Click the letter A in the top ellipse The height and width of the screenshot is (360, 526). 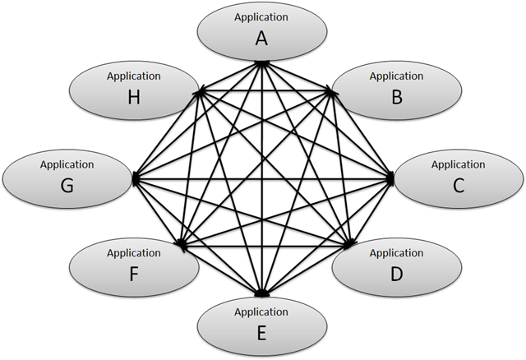[261, 38]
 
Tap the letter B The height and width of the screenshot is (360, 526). [396, 98]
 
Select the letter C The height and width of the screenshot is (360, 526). [458, 186]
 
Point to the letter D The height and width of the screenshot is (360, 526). [396, 274]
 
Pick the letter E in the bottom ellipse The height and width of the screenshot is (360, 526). [261, 333]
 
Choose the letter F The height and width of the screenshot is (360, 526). [133, 274]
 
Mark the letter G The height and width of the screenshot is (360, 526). [67, 186]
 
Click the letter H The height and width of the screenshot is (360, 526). [133, 98]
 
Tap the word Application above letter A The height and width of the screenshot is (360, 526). [261, 16]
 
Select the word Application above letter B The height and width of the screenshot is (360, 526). [396, 76]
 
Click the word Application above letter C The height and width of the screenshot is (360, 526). [458, 164]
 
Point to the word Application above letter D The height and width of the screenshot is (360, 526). [396, 252]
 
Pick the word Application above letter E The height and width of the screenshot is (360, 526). [261, 312]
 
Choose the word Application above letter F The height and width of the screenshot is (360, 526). [133, 252]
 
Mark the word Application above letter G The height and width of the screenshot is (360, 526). [67, 164]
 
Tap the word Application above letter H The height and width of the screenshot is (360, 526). [133, 76]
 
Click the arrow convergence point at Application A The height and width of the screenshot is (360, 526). [261, 62]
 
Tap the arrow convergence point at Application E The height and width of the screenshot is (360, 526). [261, 293]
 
